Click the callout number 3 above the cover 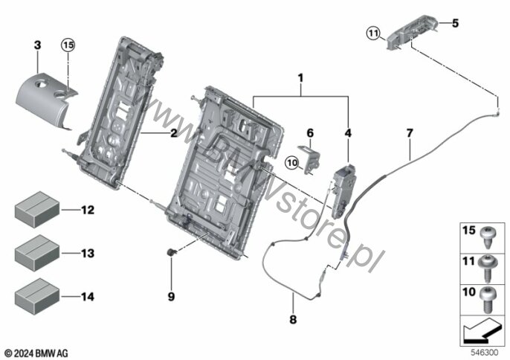37,45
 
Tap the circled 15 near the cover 68,45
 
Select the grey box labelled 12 37,209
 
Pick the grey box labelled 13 37,253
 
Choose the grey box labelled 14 37,297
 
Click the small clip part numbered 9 171,252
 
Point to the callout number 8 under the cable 293,320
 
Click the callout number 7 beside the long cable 410,133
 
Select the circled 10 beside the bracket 292,163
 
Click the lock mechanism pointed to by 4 343,191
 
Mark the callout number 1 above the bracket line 300,78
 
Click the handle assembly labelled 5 411,31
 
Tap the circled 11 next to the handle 374,33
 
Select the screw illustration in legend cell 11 487,269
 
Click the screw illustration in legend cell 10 487,300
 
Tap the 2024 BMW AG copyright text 36,353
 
